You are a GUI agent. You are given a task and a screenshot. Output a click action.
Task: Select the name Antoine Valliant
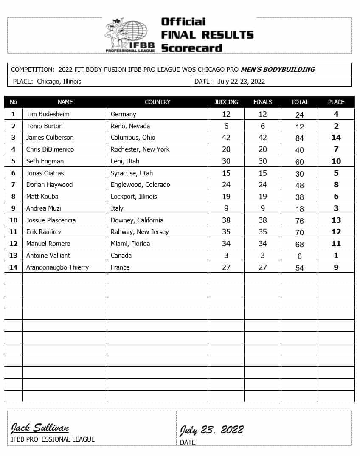(48, 256)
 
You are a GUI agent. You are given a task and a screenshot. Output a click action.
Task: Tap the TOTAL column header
(299, 102)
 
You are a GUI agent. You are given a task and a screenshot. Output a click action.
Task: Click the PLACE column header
(336, 102)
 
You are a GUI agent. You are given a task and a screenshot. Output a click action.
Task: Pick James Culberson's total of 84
(299, 138)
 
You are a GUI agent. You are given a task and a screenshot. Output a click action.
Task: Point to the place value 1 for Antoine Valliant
(336, 256)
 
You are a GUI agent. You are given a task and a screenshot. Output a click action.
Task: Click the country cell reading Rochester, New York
(140, 149)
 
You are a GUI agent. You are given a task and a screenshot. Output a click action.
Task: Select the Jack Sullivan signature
(40, 428)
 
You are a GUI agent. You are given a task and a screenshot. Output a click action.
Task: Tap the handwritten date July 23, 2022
(211, 430)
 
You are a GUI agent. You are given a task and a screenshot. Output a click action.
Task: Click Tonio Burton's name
(44, 126)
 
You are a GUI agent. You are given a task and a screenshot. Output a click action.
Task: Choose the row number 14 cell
(13, 267)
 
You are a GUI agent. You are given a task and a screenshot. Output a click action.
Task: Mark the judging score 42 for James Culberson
(226, 138)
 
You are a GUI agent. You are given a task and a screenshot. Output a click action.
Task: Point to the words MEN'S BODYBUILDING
(278, 70)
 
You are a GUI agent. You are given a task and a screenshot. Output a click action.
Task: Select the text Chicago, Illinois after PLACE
(59, 82)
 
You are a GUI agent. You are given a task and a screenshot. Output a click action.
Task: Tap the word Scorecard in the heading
(191, 48)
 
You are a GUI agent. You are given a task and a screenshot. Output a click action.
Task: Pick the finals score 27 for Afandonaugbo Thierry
(262, 267)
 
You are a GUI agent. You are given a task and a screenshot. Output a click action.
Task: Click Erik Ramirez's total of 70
(299, 232)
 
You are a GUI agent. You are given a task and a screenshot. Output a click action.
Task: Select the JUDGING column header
(226, 102)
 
